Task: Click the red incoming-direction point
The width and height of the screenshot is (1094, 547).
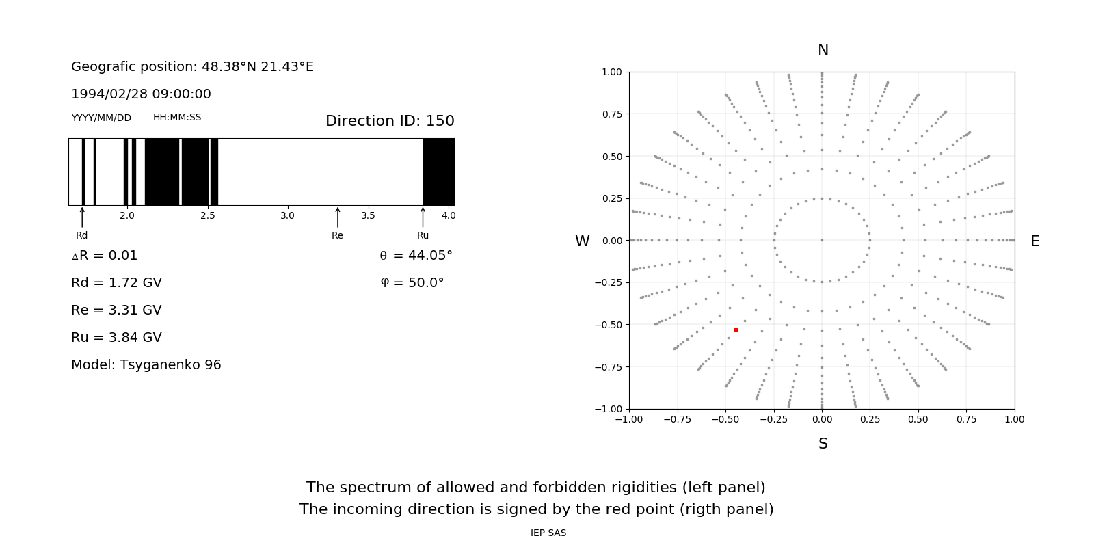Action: tap(736, 330)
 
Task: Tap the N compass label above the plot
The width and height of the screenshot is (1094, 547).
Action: tap(823, 50)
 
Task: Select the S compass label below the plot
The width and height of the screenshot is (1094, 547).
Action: tap(823, 444)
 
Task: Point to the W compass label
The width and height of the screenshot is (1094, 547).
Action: tap(582, 241)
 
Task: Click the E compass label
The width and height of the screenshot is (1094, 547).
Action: tap(1035, 241)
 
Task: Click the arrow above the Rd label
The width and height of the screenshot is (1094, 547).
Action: tap(82, 217)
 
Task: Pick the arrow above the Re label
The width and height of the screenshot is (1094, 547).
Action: tap(337, 217)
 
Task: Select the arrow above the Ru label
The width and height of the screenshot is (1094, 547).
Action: tap(423, 217)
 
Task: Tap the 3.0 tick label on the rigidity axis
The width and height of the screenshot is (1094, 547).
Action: tap(287, 215)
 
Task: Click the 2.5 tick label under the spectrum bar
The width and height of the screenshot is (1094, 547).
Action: tap(207, 215)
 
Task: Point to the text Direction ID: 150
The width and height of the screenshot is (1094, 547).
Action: tap(390, 121)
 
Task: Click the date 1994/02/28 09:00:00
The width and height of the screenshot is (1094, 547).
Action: tap(141, 94)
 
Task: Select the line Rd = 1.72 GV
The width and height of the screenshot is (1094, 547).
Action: tap(116, 283)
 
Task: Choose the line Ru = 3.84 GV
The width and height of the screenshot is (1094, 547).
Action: tap(116, 338)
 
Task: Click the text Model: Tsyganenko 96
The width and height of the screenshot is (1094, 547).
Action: tap(146, 365)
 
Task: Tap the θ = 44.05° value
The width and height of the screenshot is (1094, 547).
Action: tap(416, 256)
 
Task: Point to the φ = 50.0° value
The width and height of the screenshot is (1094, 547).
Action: tap(412, 283)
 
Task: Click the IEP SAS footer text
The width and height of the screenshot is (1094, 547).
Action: tap(548, 533)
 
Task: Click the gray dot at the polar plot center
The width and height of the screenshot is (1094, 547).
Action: tap(822, 240)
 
